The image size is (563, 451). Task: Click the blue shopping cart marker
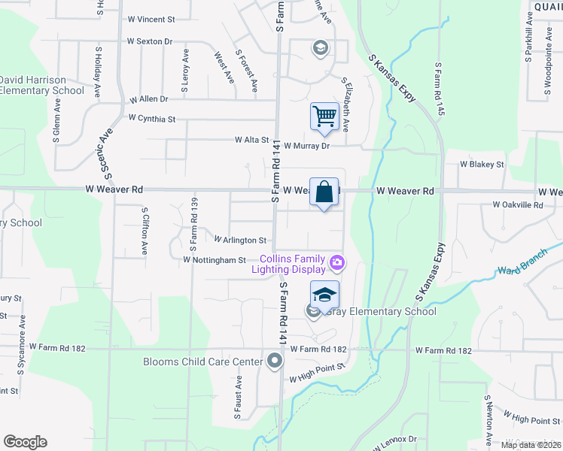click(x=324, y=117)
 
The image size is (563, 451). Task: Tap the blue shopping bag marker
click(x=324, y=192)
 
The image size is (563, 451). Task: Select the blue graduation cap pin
click(x=324, y=295)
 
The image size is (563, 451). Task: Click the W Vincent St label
click(x=151, y=18)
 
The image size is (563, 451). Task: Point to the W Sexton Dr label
click(x=150, y=41)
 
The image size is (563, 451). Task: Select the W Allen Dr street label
click(x=149, y=98)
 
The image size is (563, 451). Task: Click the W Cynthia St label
click(x=151, y=119)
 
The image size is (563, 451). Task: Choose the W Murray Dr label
click(x=307, y=146)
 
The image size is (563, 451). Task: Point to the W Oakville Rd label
click(x=518, y=204)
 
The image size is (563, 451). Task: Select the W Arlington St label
click(x=241, y=241)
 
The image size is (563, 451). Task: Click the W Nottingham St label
click(x=215, y=260)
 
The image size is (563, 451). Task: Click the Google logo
click(x=25, y=442)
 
